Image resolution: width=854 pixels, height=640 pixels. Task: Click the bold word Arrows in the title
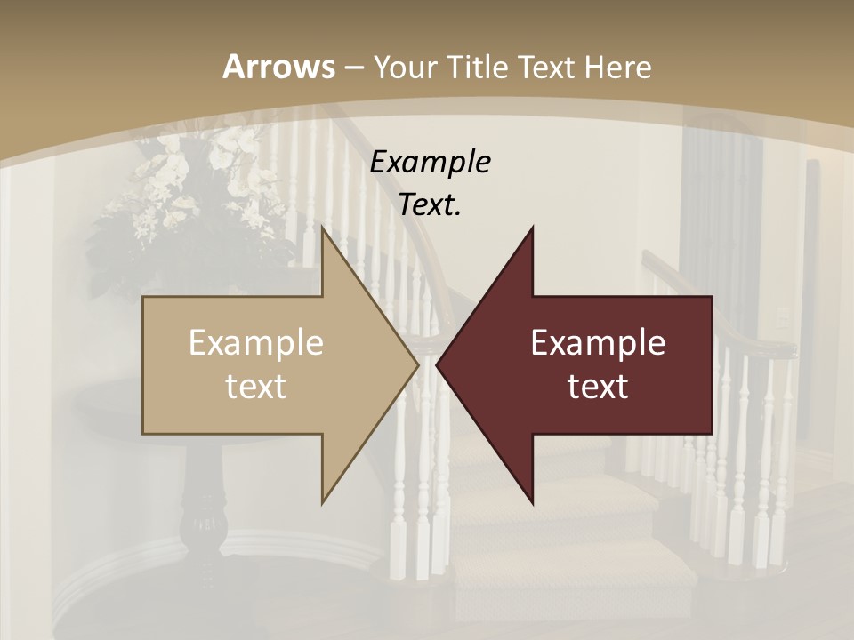point(278,67)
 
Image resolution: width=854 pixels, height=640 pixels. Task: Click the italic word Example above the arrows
point(431,162)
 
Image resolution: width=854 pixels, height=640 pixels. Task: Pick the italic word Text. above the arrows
point(431,204)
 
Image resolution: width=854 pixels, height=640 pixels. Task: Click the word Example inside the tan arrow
point(256,342)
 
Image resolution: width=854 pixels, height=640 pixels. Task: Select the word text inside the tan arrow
point(256,386)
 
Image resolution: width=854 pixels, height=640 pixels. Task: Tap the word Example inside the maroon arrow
point(598,342)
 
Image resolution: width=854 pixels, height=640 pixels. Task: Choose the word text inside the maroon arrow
point(598,386)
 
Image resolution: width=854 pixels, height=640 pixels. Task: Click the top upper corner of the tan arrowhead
point(323,228)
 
